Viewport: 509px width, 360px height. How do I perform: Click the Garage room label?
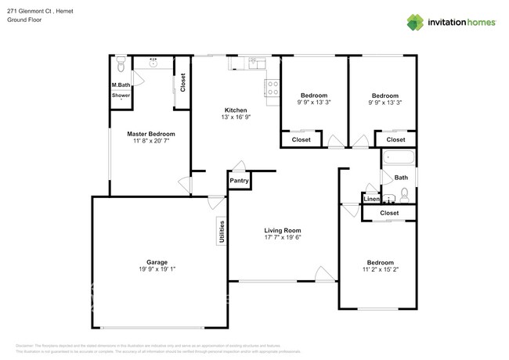tap(157, 262)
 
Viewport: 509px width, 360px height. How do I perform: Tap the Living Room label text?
tap(283, 230)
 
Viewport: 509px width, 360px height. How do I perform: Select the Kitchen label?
tap(236, 110)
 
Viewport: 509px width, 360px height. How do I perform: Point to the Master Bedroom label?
tap(151, 134)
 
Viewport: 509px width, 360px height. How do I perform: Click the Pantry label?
tap(239, 181)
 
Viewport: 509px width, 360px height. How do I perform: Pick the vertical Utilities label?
tap(222, 231)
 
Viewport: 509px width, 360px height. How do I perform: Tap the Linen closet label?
tap(372, 200)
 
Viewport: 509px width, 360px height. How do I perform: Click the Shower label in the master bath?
tap(121, 95)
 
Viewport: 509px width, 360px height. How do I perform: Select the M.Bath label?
tap(121, 85)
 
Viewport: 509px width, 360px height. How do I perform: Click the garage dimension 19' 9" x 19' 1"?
tap(157, 270)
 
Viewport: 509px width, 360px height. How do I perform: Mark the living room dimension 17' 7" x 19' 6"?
tap(283, 238)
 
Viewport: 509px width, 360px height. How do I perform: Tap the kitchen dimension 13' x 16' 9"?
tap(236, 117)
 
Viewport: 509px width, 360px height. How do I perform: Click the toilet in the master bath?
tap(121, 62)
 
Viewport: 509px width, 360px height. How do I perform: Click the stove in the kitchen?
tap(273, 90)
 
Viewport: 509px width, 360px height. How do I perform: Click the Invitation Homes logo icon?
tap(413, 23)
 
